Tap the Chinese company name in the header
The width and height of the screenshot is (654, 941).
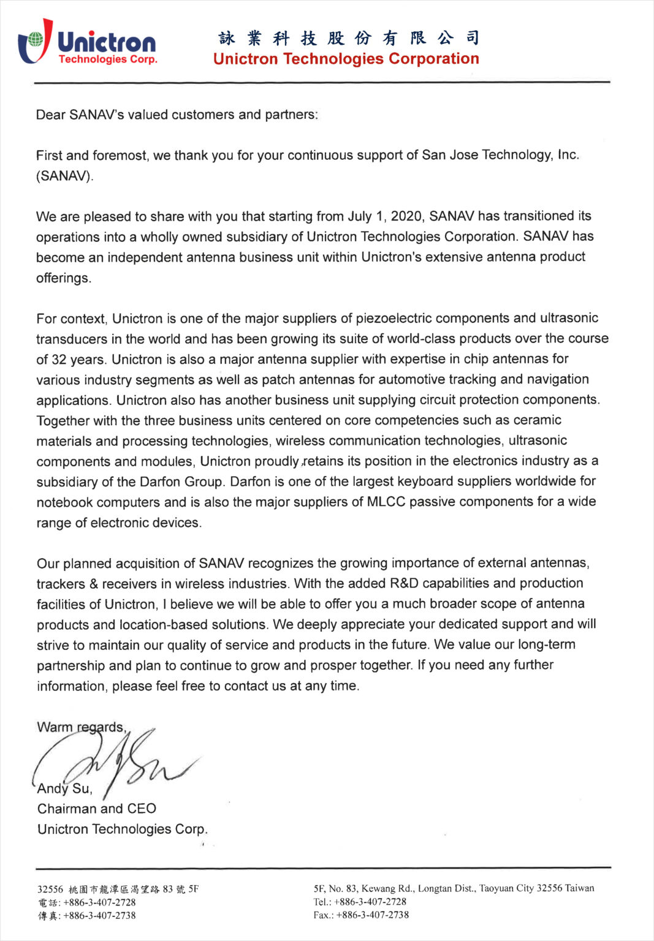tap(348, 38)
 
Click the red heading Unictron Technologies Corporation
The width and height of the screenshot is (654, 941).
tap(346, 59)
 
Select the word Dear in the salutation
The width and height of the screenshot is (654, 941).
tap(50, 115)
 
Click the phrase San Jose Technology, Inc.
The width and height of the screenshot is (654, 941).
tap(500, 155)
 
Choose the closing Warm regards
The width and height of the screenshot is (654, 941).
tap(82, 727)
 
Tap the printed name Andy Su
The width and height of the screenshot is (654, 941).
tap(64, 788)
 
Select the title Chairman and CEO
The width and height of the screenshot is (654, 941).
tap(97, 809)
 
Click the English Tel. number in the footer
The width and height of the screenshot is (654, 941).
tap(370, 902)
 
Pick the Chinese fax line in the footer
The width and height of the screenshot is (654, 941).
tap(86, 916)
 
